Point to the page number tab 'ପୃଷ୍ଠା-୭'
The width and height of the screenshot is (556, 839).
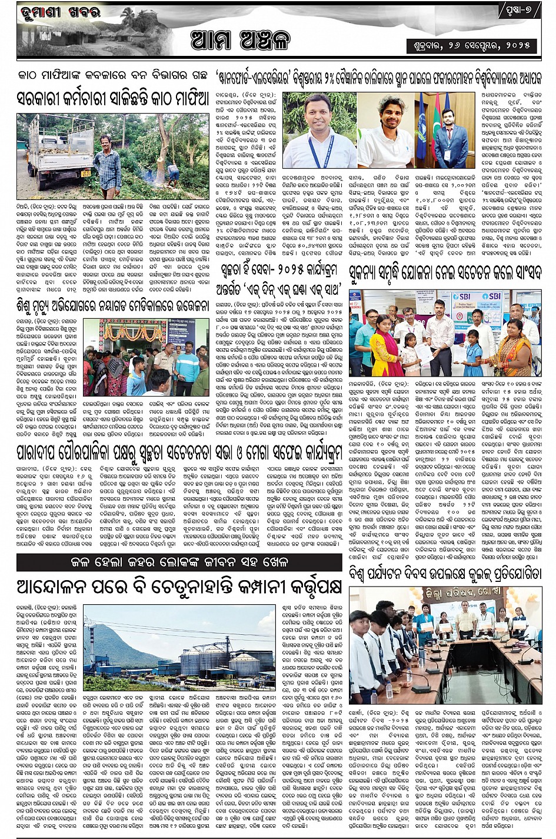[x=517, y=11]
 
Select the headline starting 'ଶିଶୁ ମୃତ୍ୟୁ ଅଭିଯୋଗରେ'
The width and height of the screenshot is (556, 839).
[x=112, y=306]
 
